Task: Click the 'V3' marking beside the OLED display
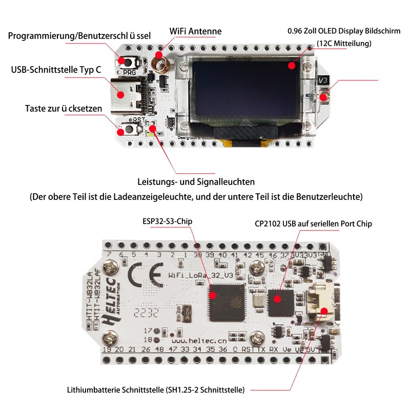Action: (x=323, y=80)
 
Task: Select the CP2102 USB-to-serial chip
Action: (x=280, y=303)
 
